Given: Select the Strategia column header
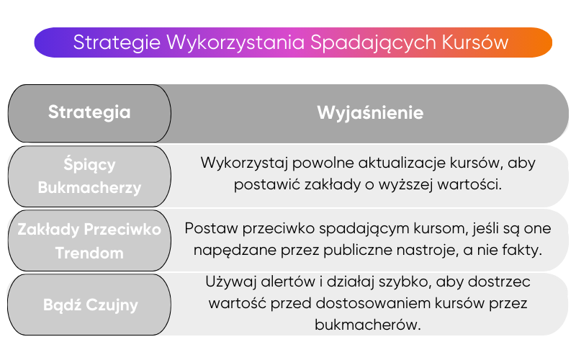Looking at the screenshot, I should click(89, 112).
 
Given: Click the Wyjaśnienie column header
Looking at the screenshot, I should click(370, 113).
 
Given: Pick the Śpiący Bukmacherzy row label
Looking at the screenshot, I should click(89, 176).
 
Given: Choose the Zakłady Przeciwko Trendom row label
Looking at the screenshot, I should click(89, 240).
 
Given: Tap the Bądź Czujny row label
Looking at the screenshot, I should click(89, 304).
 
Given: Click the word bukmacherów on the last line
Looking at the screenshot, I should click(367, 325).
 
